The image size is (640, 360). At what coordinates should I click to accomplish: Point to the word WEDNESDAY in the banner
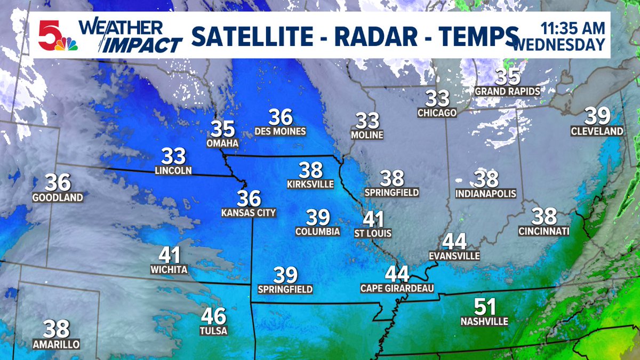[x=559, y=44]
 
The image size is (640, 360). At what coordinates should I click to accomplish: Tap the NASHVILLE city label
[x=484, y=321]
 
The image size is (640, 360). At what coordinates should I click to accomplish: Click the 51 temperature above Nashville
[x=485, y=307]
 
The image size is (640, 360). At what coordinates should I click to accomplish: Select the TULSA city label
[x=214, y=331]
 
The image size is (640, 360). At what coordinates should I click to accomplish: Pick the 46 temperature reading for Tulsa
[x=213, y=316]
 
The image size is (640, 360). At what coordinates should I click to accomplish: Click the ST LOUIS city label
[x=373, y=233]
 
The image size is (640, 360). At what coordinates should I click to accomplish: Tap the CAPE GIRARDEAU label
[x=397, y=289]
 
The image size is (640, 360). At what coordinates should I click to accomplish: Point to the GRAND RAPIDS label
[x=508, y=91]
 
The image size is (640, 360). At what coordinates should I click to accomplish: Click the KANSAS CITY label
[x=249, y=213]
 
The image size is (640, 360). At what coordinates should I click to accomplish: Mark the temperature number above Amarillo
[x=57, y=329]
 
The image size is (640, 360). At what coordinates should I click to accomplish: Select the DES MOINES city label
[x=280, y=131]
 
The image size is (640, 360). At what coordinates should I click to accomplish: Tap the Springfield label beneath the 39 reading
[x=285, y=289]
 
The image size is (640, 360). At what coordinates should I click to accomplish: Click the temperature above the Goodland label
[x=58, y=183]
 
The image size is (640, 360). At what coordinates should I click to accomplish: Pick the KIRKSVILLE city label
[x=310, y=184]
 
